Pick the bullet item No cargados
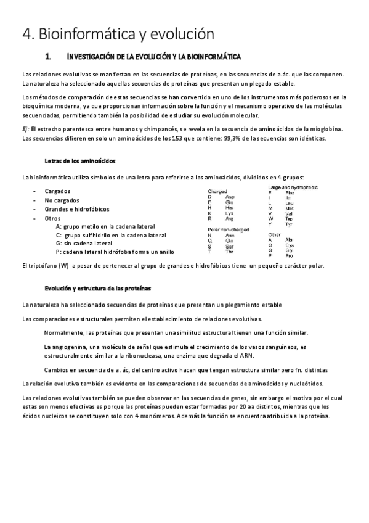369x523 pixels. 62,200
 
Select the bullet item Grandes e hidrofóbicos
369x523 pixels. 75,210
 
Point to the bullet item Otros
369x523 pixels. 53,219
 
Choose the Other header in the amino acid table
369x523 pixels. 274,235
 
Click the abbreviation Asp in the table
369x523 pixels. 230,196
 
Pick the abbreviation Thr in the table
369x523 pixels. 230,252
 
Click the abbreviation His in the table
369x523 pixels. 229,208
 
